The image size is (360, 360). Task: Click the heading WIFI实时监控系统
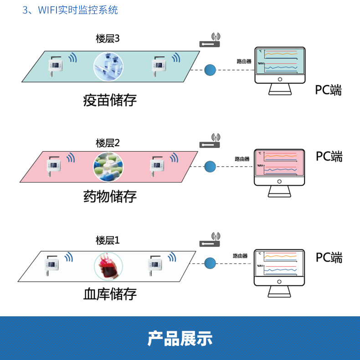[70, 10]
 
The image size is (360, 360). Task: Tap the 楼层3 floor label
[108, 39]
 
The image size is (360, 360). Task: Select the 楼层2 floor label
[108, 143]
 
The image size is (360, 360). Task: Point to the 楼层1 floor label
[108, 240]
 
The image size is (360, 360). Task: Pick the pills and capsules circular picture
[108, 167]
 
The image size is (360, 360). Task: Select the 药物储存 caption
[110, 197]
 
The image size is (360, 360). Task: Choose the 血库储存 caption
[110, 294]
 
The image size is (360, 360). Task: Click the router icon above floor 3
[210, 41]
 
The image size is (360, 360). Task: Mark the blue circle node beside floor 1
[210, 263]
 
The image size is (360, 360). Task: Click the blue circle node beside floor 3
[210, 70]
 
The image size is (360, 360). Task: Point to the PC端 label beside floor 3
[329, 90]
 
